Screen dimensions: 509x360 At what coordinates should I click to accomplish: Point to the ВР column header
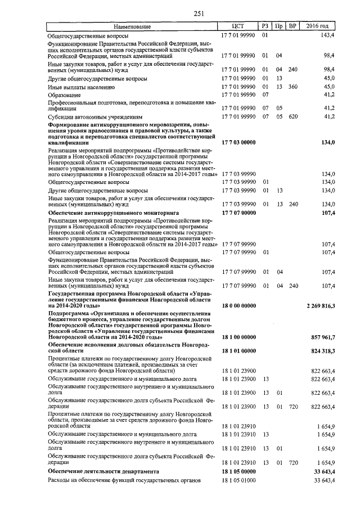pos(292,26)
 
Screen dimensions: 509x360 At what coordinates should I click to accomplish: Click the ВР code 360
pos(292,87)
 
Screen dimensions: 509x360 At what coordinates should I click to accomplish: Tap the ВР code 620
pos(292,116)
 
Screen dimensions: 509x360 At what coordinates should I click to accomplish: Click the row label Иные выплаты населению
pos(82,87)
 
